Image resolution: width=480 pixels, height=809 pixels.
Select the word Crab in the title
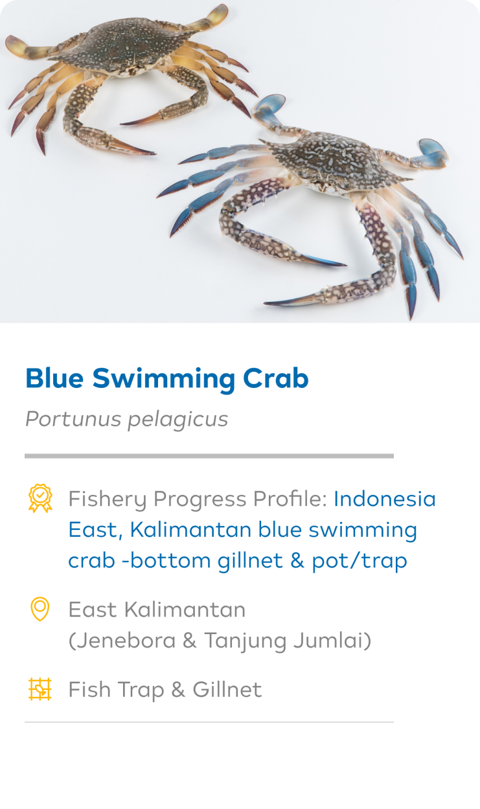coord(275,378)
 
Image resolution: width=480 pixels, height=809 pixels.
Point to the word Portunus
coord(73,419)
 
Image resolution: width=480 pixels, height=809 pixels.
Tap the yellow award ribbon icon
coord(40,498)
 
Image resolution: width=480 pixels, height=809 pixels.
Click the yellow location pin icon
coord(40,609)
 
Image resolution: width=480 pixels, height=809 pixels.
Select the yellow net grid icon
coord(40,689)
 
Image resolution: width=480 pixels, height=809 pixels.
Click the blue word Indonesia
coord(385,499)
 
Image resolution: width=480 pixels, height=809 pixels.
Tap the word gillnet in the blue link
coord(250,560)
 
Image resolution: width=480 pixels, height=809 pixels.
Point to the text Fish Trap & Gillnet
coord(165,690)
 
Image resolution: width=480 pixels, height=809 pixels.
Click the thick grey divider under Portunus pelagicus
coord(209,456)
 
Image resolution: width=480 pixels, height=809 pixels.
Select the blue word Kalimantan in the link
coord(190,530)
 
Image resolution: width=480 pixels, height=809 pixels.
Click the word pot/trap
coord(360,561)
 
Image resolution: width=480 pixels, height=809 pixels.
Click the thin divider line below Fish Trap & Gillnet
coord(209,722)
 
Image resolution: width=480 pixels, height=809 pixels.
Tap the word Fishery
coord(108,500)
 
